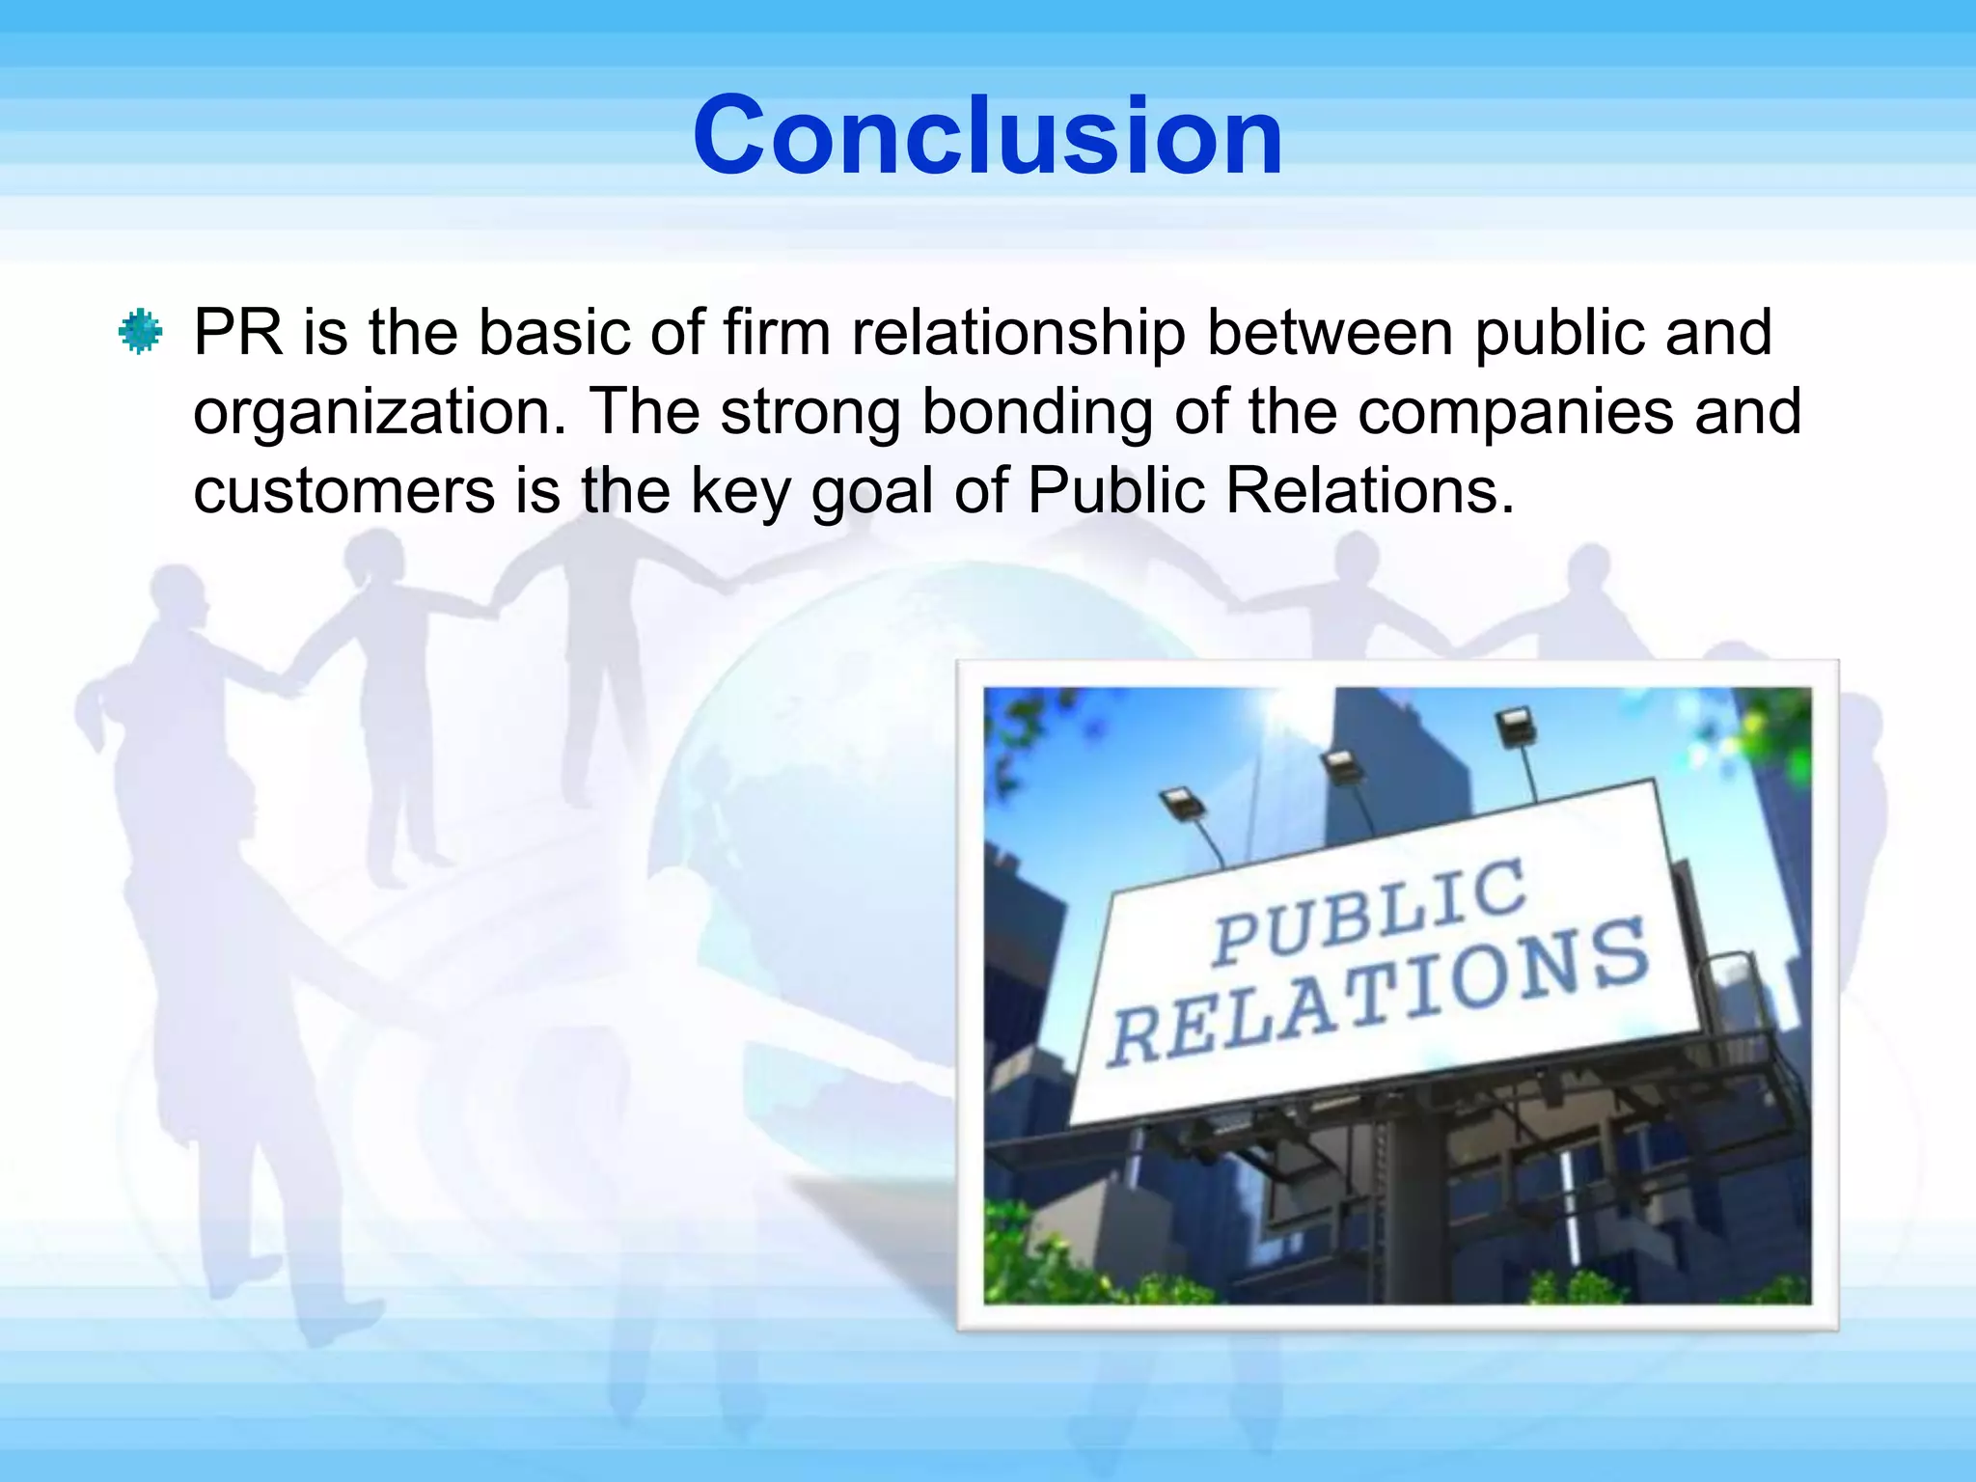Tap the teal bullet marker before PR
point(141,332)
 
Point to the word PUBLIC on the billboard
point(1370,912)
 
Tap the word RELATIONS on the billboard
point(1380,994)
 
